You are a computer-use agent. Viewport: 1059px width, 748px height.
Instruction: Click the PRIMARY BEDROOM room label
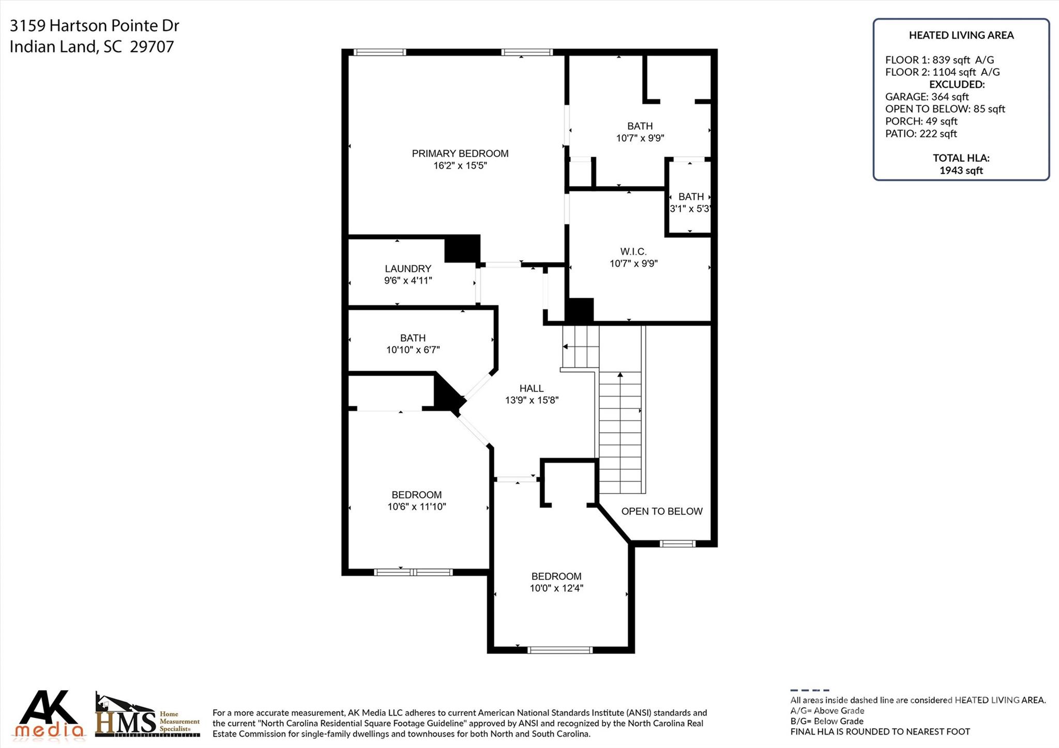[x=460, y=154]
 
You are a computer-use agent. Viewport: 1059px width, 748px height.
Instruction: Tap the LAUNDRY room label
[x=407, y=269]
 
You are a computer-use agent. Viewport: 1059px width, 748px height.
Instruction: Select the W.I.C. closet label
[x=633, y=252]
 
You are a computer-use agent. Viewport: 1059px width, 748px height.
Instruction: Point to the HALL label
[x=532, y=389]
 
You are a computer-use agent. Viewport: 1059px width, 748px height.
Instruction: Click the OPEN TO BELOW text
[x=661, y=511]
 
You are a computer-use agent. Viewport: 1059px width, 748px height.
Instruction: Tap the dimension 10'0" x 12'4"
[x=556, y=588]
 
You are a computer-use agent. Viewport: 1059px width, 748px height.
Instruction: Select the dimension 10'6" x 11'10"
[x=417, y=507]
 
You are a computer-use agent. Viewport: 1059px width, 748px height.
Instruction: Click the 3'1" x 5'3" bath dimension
[x=690, y=209]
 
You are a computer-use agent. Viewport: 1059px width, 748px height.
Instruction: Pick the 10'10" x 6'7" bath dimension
[x=413, y=350]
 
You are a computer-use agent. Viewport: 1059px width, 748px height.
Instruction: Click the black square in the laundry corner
[x=462, y=249]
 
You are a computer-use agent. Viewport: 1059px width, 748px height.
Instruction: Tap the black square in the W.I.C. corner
[x=580, y=310]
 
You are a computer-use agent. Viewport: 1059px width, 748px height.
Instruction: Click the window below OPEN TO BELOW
[x=677, y=543]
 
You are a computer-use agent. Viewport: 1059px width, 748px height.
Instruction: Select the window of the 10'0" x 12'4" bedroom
[x=559, y=650]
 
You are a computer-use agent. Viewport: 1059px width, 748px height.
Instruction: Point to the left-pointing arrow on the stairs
[x=565, y=347]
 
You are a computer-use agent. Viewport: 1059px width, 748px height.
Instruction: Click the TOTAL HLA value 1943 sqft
[x=961, y=171]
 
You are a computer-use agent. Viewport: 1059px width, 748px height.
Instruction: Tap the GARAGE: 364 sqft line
[x=927, y=97]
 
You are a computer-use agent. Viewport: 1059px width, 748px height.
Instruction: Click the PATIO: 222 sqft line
[x=920, y=134]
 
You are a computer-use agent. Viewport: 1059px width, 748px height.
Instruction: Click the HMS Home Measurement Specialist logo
[x=147, y=715]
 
